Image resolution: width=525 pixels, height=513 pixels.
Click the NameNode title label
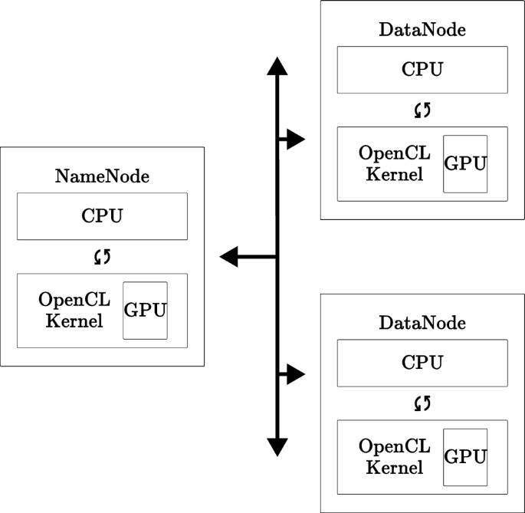click(102, 176)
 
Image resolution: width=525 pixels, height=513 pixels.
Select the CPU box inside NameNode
click(102, 215)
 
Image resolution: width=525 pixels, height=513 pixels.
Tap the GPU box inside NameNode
click(145, 310)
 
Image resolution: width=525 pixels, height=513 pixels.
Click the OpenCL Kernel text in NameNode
click(74, 310)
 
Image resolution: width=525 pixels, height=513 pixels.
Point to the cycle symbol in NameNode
click(102, 256)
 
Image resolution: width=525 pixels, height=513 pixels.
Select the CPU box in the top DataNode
click(422, 69)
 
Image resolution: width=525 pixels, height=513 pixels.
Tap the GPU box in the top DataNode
click(465, 163)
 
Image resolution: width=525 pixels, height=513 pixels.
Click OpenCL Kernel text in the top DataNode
click(395, 163)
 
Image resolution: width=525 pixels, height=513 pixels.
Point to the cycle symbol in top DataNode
click(422, 110)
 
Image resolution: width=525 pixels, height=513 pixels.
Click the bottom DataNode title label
click(422, 323)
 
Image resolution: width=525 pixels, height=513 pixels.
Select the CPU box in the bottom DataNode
click(422, 362)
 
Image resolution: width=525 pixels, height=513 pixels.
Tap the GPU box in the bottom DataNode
click(465, 456)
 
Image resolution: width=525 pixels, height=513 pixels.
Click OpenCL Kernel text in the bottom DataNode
click(395, 456)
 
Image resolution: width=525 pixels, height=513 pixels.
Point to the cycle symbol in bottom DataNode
click(422, 403)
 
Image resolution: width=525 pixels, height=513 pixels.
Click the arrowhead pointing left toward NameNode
click(229, 257)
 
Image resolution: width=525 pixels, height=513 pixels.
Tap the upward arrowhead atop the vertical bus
click(277, 66)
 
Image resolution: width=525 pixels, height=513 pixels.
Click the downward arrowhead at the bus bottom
click(277, 447)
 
